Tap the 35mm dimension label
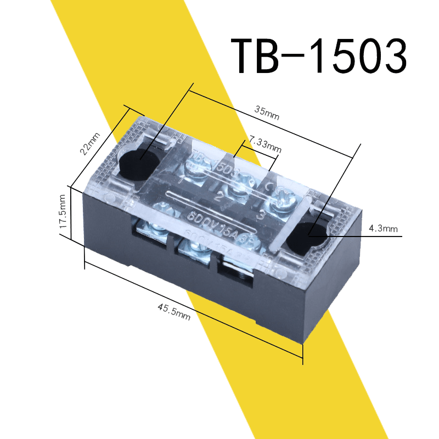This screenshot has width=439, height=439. click(x=267, y=112)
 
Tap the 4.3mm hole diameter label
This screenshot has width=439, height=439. click(x=383, y=229)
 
